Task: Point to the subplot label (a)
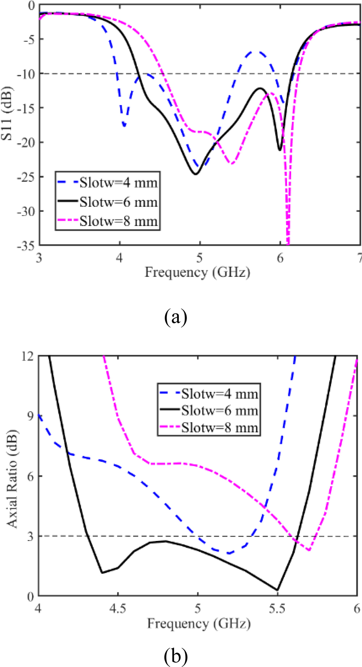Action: click(x=176, y=318)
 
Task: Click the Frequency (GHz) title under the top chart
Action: click(x=197, y=272)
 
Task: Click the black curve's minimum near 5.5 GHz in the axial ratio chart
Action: click(x=277, y=590)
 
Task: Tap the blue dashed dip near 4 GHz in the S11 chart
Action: click(x=124, y=126)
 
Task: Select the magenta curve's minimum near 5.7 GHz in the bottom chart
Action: click(x=309, y=550)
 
